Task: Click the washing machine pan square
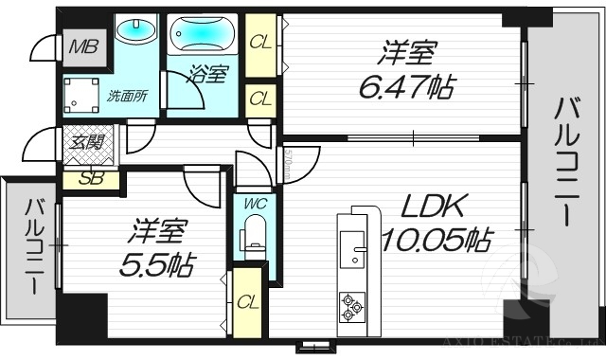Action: [x=82, y=93]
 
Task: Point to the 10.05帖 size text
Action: [x=436, y=241]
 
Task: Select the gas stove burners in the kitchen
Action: [x=351, y=306]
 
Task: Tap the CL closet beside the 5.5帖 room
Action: [x=247, y=301]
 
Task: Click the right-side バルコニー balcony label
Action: [x=565, y=162]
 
